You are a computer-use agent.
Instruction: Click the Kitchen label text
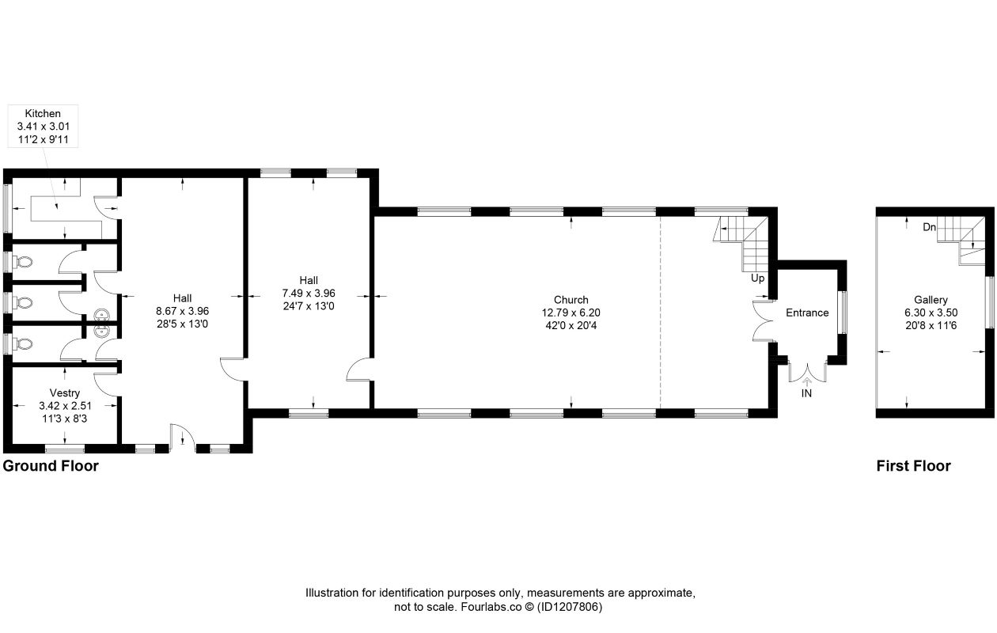tap(43, 113)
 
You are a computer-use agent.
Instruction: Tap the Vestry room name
tap(65, 392)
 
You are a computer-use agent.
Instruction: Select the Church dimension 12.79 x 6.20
tap(571, 313)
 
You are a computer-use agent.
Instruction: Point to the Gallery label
tap(931, 300)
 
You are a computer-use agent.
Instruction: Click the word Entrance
tap(807, 313)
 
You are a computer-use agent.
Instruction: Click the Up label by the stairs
tap(757, 279)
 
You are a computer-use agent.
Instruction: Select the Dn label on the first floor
tap(929, 227)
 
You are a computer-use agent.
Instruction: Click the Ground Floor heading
tap(51, 465)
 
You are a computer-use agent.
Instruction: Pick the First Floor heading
tap(914, 465)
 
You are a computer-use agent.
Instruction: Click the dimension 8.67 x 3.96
tap(183, 311)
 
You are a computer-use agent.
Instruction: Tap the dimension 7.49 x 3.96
tap(309, 293)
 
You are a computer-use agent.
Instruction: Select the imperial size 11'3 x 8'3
tap(65, 419)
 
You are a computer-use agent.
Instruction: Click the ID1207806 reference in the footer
tap(570, 607)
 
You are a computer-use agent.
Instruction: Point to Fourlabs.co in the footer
tap(491, 607)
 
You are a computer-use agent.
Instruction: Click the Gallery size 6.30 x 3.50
tap(931, 313)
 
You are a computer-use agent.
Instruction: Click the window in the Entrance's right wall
tap(842, 312)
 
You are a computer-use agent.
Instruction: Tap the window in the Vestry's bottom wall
tap(65, 449)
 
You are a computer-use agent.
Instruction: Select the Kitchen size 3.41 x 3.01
tap(44, 127)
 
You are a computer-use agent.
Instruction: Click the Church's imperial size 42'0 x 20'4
tap(571, 325)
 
